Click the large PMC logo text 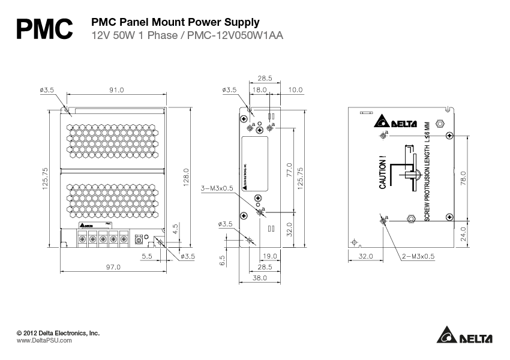pyautogui.click(x=45, y=28)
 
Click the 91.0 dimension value pyautogui.click(x=116, y=90)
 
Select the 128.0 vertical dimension pyautogui.click(x=186, y=178)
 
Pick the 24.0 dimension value pyautogui.click(x=462, y=235)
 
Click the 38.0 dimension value pyautogui.click(x=260, y=278)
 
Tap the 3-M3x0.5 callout pyautogui.click(x=217, y=187)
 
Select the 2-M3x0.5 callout pyautogui.click(x=419, y=256)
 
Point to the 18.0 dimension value pyautogui.click(x=260, y=89)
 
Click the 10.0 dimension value pyautogui.click(x=295, y=89)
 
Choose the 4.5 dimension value pyautogui.click(x=175, y=229)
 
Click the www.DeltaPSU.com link pyautogui.click(x=44, y=340)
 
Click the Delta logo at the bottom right pyautogui.click(x=464, y=337)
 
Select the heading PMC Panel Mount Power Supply pyautogui.click(x=175, y=22)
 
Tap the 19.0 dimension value pyautogui.click(x=269, y=256)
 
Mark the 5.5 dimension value pyautogui.click(x=146, y=256)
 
